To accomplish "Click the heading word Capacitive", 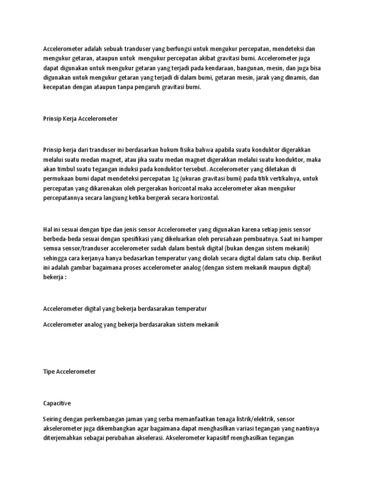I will pos(57,403).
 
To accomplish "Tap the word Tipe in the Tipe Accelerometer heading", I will pos(49,371).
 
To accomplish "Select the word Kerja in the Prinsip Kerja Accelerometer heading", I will pos(73,119).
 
